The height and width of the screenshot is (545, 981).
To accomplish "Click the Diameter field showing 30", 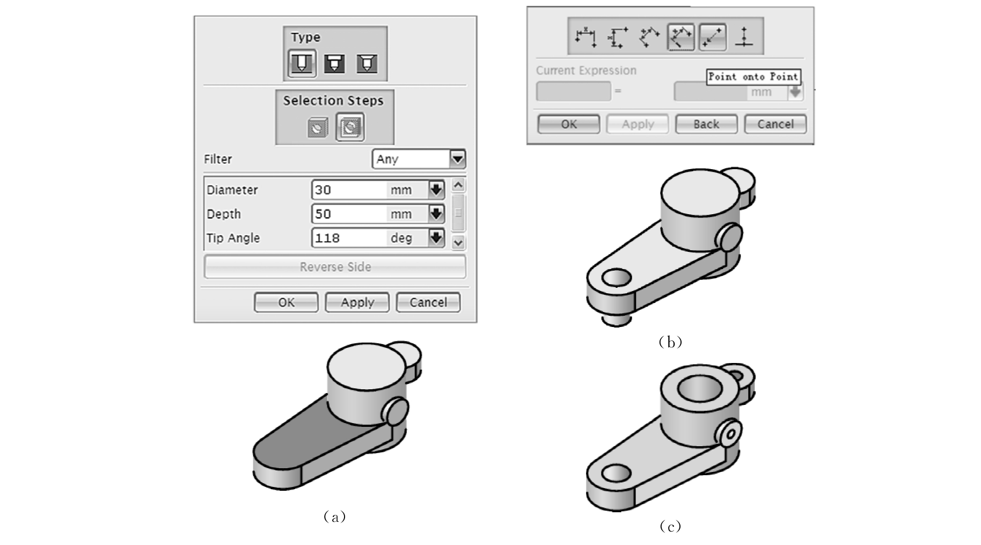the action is click(x=349, y=190).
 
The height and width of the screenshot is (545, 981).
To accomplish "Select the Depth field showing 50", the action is click(x=349, y=214).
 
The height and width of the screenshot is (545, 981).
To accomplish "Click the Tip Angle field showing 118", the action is click(x=349, y=238).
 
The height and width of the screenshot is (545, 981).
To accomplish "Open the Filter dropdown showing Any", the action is click(x=419, y=159).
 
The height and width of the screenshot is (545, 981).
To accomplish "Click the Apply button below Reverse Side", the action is click(x=357, y=302).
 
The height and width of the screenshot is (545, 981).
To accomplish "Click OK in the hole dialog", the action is click(x=286, y=302).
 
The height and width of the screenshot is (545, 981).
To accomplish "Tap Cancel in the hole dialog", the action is click(x=428, y=302).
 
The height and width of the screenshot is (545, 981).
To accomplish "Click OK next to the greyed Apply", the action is click(x=569, y=124).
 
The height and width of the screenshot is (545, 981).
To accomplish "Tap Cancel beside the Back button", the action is click(x=775, y=124).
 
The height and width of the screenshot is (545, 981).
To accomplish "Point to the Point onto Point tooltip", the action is click(x=753, y=77).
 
